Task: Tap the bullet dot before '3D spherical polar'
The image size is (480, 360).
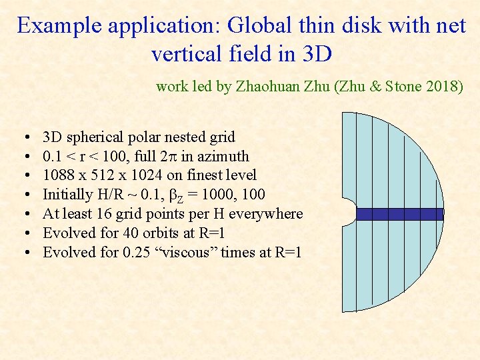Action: tap(24, 138)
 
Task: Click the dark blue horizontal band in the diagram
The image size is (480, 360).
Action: tap(399, 214)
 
